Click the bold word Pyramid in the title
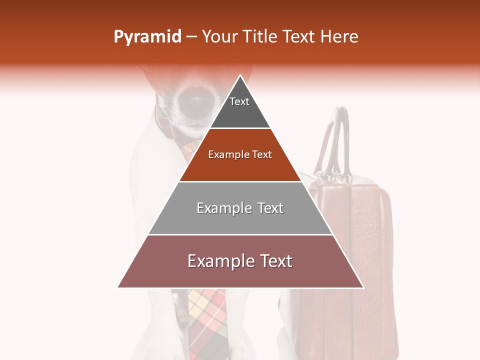147,37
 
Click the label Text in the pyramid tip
239,101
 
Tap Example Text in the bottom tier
240,261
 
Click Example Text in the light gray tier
240,208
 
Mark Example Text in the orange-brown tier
240,154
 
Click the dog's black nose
192,100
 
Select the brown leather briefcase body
350,250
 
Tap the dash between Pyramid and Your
191,37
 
